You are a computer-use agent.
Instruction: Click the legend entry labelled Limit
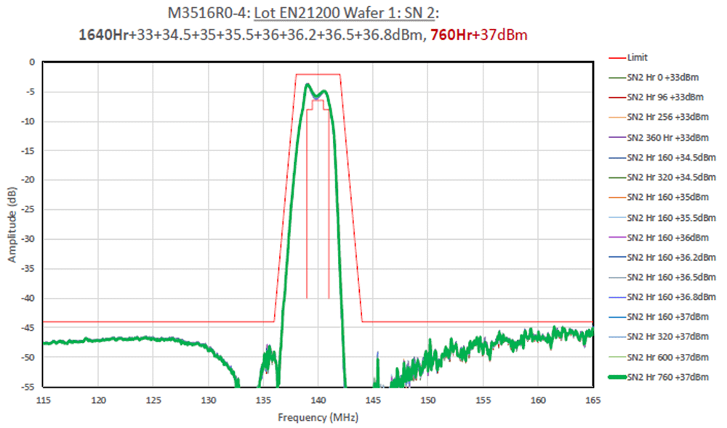(x=637, y=57)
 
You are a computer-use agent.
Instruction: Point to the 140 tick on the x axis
(x=318, y=400)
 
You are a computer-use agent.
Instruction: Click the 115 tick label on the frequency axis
(x=44, y=400)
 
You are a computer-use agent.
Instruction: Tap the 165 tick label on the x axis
(x=593, y=400)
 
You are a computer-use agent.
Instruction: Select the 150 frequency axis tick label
(x=428, y=400)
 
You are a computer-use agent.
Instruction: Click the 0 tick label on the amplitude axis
(x=31, y=62)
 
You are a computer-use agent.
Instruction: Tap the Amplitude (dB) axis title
(x=12, y=224)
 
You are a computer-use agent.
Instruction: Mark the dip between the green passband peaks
(x=315, y=97)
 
